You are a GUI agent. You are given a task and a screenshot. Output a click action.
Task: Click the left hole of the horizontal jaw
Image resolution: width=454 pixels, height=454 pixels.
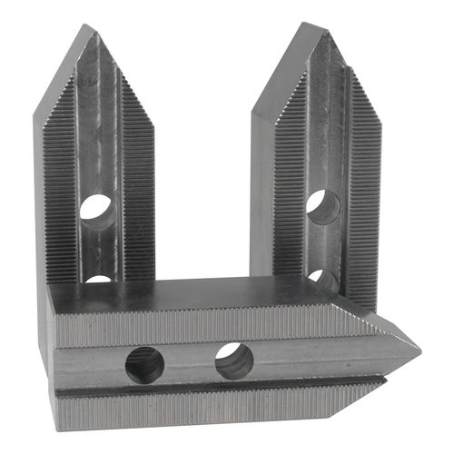coord(144,365)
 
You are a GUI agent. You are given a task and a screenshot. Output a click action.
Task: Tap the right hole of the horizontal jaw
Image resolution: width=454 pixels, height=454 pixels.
coord(234,362)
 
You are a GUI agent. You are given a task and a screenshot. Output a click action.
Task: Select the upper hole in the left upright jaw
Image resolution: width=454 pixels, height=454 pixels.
coord(95,211)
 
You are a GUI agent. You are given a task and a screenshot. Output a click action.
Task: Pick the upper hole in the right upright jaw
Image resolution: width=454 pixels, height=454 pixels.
coord(322,207)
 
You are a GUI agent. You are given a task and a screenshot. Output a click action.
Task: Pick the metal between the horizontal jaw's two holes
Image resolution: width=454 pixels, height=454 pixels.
coord(190,363)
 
